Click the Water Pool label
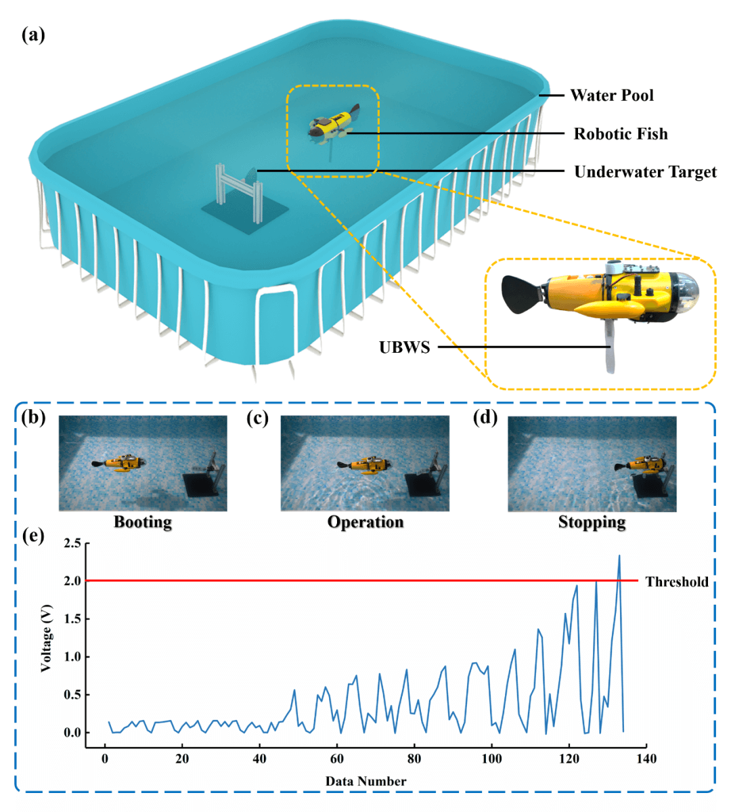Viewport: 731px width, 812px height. coord(612,95)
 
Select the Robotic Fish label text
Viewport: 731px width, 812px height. coord(621,134)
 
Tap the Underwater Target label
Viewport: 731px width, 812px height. coord(645,172)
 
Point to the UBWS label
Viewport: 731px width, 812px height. coord(404,347)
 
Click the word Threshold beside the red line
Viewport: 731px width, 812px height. coord(676,582)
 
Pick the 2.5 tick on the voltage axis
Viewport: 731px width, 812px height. coord(72,543)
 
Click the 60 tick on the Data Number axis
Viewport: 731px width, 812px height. coord(337,758)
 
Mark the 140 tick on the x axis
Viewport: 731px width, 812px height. coord(646,758)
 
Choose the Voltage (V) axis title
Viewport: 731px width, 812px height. coord(46,639)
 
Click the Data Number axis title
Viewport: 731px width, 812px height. coord(365,782)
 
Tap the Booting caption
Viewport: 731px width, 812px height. coord(142,522)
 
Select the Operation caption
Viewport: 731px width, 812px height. coord(365,522)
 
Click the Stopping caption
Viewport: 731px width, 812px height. coord(592,522)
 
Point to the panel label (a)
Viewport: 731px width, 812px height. coord(33,35)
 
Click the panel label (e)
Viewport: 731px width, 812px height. coord(33,536)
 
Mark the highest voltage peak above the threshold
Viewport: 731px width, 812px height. coord(619,556)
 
